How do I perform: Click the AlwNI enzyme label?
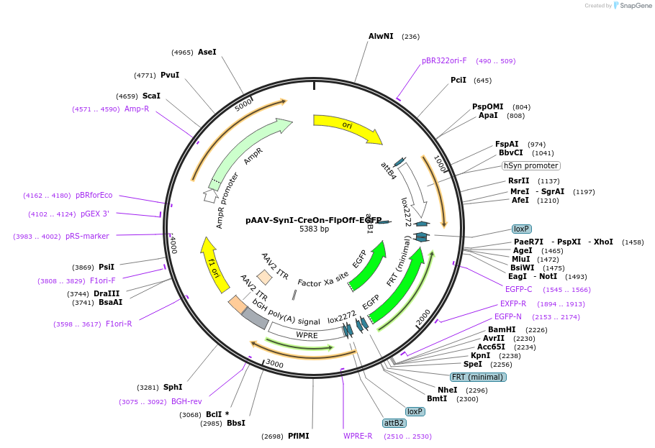381,37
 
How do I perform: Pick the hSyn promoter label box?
531,166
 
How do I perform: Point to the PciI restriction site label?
458,80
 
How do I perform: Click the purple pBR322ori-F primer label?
444,60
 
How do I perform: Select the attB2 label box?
394,423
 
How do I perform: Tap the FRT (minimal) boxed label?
479,377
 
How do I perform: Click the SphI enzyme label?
173,387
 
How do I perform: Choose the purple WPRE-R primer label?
358,436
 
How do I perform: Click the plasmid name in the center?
313,220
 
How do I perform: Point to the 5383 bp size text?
314,229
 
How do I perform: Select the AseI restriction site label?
207,52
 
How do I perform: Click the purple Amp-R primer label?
137,109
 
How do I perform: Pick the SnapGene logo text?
636,6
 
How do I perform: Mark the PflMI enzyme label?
298,436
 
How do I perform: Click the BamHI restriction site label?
502,329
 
